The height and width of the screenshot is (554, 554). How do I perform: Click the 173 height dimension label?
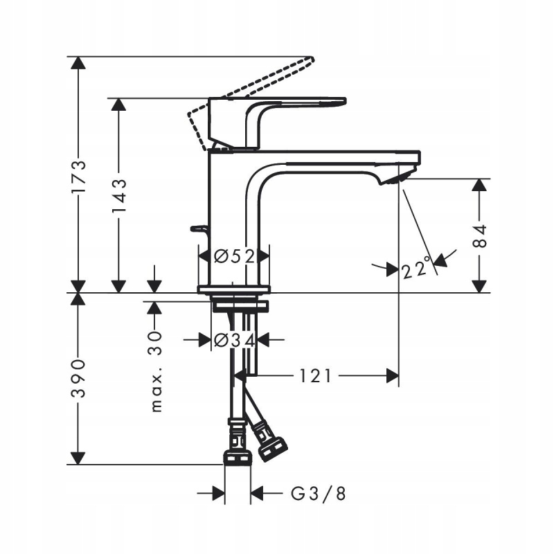(x=80, y=176)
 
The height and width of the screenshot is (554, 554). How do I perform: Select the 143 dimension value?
(x=118, y=196)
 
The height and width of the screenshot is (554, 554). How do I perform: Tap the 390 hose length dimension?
(x=80, y=378)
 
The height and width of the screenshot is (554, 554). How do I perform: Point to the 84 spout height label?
(x=481, y=235)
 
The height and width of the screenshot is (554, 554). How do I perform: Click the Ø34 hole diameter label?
(x=233, y=340)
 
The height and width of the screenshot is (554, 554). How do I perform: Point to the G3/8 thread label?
(x=317, y=494)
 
